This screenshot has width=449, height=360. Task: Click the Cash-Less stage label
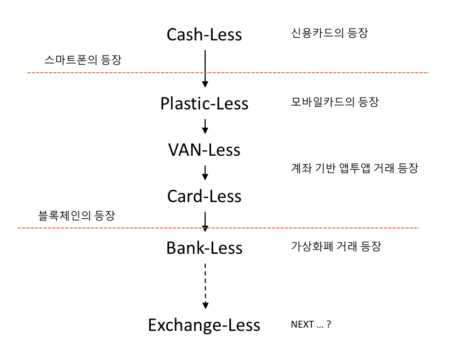click(205, 35)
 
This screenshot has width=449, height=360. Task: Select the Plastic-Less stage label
click(205, 103)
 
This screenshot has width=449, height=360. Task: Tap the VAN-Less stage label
click(205, 149)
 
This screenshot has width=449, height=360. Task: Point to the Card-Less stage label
click(205, 196)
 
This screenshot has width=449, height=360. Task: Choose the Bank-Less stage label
click(205, 248)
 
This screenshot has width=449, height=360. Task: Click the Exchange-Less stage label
click(205, 326)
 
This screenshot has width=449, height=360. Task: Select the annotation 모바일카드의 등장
click(334, 102)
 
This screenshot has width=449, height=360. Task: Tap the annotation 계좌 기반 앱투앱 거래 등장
click(354, 169)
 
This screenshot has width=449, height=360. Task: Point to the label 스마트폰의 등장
click(82, 60)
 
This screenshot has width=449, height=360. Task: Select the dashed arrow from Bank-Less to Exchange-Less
click(205, 286)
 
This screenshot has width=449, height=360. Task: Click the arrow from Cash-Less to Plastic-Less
click(205, 67)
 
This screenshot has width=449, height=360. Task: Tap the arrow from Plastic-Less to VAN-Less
click(205, 126)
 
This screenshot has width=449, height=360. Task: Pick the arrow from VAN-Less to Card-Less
click(205, 172)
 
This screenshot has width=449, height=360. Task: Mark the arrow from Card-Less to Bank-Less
click(205, 220)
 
